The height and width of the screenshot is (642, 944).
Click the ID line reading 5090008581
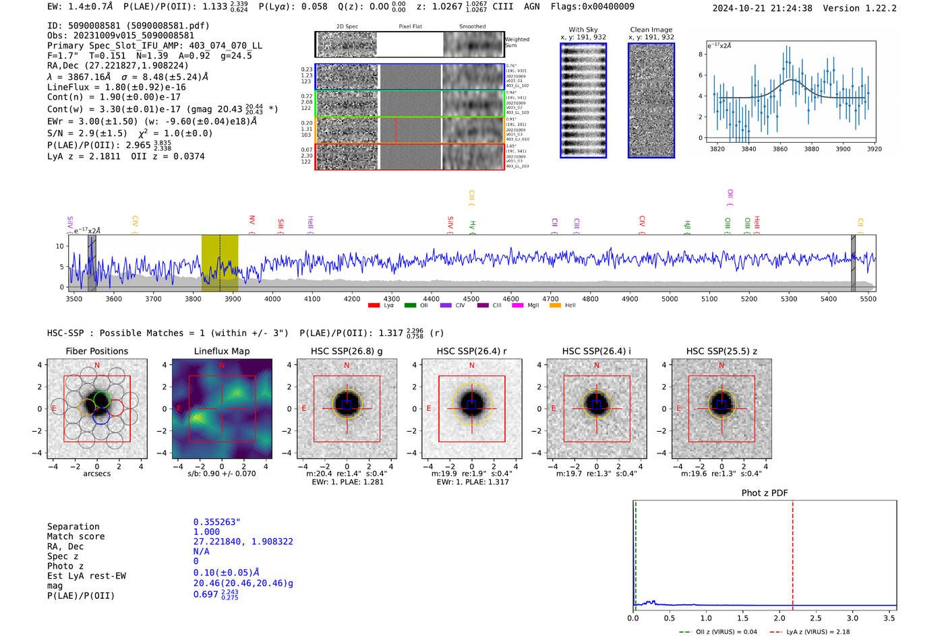pos(128,26)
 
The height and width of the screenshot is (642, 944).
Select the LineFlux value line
pos(116,87)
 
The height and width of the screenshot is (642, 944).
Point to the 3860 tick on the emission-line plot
pos(780,149)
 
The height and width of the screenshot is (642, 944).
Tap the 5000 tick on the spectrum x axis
pos(670,298)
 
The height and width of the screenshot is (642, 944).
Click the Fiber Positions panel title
pos(96,351)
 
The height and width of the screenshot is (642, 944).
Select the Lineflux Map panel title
pos(222,351)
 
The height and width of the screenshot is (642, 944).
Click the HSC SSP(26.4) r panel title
pos(471,351)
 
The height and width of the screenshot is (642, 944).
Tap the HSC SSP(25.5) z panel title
pos(721,351)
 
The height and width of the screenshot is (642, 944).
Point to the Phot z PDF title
pos(765,493)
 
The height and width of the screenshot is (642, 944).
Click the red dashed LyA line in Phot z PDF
pos(793,552)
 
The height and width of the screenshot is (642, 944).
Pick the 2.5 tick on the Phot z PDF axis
pos(816,618)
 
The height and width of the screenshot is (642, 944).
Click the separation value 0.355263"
pos(216,522)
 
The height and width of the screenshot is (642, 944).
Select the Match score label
pos(76,536)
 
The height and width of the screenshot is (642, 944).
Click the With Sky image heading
pos(583,30)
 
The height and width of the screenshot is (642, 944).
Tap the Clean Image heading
pos(651,30)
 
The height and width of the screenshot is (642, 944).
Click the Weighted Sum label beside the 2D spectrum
pos(517,42)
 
